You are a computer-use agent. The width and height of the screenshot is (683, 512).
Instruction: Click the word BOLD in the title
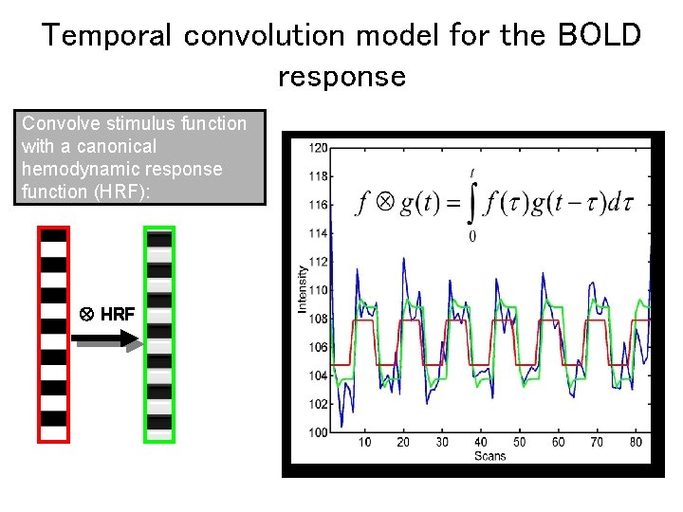pos(600,35)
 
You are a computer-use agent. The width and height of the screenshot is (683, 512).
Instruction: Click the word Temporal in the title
pos(107,35)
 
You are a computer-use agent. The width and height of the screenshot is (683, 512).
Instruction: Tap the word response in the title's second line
pos(341,76)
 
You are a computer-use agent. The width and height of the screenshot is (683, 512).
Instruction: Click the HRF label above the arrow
pos(117,314)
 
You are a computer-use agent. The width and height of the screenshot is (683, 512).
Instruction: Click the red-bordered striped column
pos(53,335)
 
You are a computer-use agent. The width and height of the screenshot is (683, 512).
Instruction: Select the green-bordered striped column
pos(159,335)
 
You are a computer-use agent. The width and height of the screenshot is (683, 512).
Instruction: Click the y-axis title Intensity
pos(303,289)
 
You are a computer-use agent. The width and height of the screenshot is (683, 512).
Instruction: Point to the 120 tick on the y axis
pos(318,148)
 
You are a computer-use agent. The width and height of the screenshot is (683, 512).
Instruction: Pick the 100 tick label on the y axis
pos(318,432)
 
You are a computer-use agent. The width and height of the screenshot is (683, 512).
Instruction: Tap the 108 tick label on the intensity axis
pos(318,319)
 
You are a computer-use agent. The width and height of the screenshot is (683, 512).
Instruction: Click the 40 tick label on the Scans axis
pos(480,442)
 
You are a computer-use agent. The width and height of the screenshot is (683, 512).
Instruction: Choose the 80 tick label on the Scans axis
pos(636,442)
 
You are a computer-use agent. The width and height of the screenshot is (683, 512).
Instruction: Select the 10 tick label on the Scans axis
pos(364,442)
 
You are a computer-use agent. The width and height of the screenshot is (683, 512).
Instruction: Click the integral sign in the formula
pos(471,203)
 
